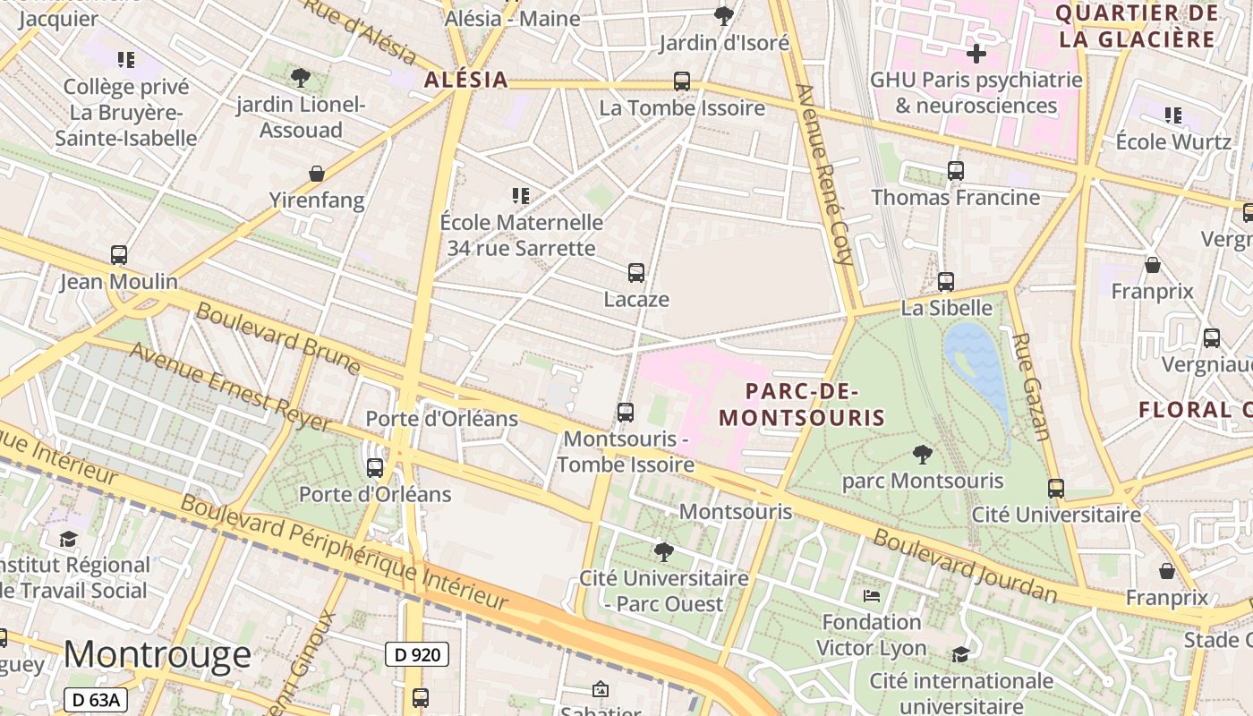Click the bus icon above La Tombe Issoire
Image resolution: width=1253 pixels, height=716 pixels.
pyautogui.click(x=682, y=81)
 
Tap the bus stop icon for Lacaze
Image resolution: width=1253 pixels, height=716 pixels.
pyautogui.click(x=636, y=273)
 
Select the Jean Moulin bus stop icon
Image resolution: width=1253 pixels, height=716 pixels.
pyautogui.click(x=119, y=255)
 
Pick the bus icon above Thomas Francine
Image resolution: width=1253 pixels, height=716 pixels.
pyautogui.click(x=956, y=171)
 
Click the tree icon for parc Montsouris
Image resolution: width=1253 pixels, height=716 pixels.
pyautogui.click(x=923, y=455)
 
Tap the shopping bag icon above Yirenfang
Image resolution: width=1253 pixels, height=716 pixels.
pyautogui.click(x=316, y=174)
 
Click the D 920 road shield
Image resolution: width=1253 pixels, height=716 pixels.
pyautogui.click(x=417, y=654)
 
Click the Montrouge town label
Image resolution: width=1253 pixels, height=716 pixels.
pyautogui.click(x=158, y=654)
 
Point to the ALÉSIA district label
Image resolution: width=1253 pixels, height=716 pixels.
pyautogui.click(x=465, y=79)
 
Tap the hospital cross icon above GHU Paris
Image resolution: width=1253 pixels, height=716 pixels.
pyautogui.click(x=976, y=54)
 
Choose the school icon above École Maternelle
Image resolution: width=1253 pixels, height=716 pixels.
pyautogui.click(x=521, y=195)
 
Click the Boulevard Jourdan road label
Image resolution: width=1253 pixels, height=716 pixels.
pyautogui.click(x=965, y=567)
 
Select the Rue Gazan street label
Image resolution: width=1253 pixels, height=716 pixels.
pyautogui.click(x=1031, y=387)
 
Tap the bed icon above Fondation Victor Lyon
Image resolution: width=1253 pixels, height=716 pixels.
pyautogui.click(x=872, y=596)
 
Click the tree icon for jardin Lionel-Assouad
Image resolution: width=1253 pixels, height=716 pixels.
pyautogui.click(x=301, y=78)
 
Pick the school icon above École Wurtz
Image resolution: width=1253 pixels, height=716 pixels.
pyautogui.click(x=1173, y=115)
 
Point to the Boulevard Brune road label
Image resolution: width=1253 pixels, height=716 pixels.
pyautogui.click(x=277, y=338)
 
